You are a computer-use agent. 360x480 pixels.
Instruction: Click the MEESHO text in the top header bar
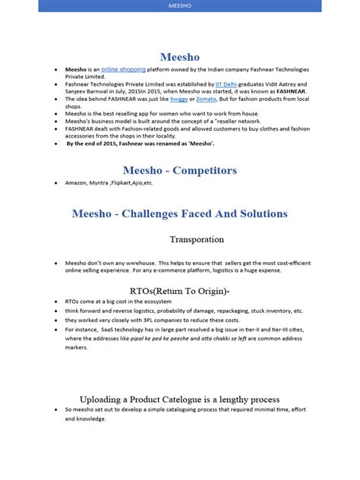click(179, 5)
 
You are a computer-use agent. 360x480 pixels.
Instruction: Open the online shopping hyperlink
click(123, 69)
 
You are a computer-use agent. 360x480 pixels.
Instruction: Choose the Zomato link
click(202, 99)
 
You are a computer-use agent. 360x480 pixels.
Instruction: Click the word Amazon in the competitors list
click(77, 184)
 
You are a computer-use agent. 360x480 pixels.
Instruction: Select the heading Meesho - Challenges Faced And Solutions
click(179, 213)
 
